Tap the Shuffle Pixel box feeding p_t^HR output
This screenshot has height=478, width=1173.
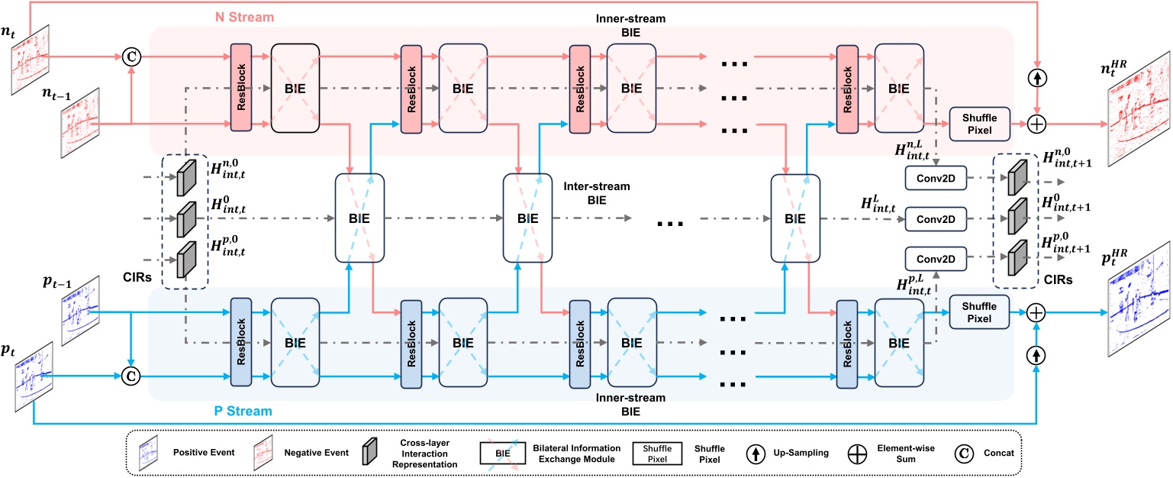980,313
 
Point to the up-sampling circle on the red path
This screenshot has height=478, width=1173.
1036,79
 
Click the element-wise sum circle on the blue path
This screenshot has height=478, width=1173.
1036,313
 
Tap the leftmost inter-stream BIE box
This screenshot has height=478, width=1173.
359,218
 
